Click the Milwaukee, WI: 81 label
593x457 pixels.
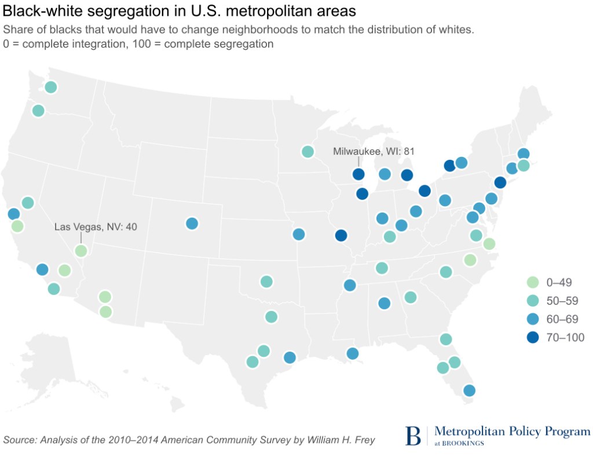(x=374, y=152)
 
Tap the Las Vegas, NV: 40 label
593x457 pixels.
(x=96, y=227)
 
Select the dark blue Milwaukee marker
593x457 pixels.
(x=358, y=174)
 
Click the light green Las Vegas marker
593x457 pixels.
(x=81, y=251)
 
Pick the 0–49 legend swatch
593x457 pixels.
(x=529, y=282)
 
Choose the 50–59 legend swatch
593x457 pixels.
(x=529, y=301)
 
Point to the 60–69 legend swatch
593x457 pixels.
(x=529, y=319)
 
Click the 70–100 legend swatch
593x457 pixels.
(x=529, y=337)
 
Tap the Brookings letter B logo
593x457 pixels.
(x=413, y=435)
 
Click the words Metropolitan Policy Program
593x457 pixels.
(x=512, y=432)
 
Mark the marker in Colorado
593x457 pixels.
(x=192, y=224)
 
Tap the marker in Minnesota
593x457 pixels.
(x=308, y=152)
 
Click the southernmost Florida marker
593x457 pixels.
(x=469, y=390)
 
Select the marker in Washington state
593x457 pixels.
(x=50, y=87)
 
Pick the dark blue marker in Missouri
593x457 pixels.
(x=341, y=235)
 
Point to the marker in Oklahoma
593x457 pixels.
(x=266, y=281)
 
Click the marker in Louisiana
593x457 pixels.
(x=352, y=353)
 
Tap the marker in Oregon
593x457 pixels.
(x=38, y=111)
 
